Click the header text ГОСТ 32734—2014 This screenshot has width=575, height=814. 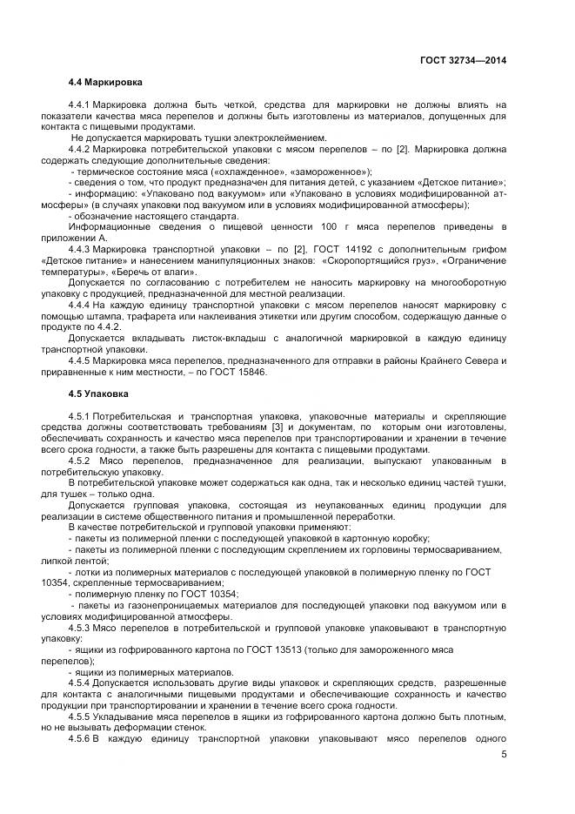pyautogui.click(x=462, y=60)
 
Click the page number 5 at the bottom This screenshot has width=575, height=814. pyautogui.click(x=504, y=754)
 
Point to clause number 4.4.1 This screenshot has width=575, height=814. pyautogui.click(x=84, y=105)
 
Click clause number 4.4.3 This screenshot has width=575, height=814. pyautogui.click(x=84, y=250)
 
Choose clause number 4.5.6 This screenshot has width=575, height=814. pyautogui.click(x=84, y=738)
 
